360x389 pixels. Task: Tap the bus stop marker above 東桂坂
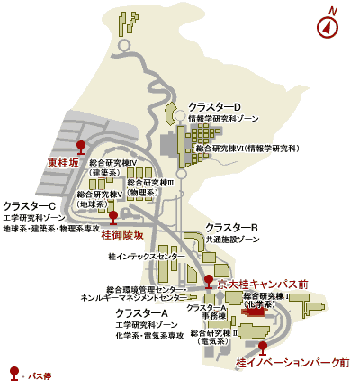[81, 145]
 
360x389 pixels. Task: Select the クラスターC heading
[30, 206]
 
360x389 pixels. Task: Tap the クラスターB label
[232, 228]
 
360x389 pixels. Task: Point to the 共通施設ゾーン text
[234, 240]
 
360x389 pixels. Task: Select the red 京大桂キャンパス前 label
[263, 284]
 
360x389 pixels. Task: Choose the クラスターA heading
[142, 312]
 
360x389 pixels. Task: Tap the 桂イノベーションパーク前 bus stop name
[292, 363]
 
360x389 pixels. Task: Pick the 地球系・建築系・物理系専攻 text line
[51, 229]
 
